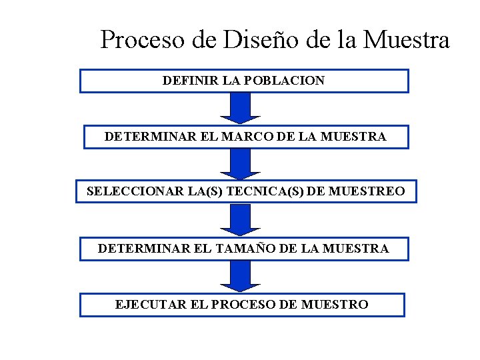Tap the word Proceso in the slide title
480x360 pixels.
pyautogui.click(x=142, y=40)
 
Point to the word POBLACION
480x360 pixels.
pyautogui.click(x=284, y=81)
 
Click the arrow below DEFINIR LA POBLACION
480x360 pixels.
pyautogui.click(x=240, y=108)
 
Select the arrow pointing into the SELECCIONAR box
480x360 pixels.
pyautogui.click(x=240, y=164)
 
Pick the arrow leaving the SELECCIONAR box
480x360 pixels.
pyautogui.click(x=240, y=220)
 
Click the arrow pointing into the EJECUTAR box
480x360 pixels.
pyautogui.click(x=240, y=276)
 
